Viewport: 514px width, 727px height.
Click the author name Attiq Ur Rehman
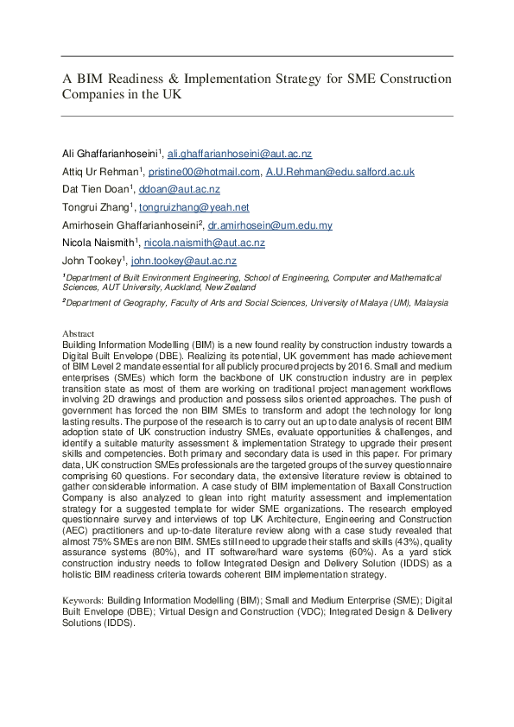tap(97, 172)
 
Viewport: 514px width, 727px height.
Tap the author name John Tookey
tap(91, 261)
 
